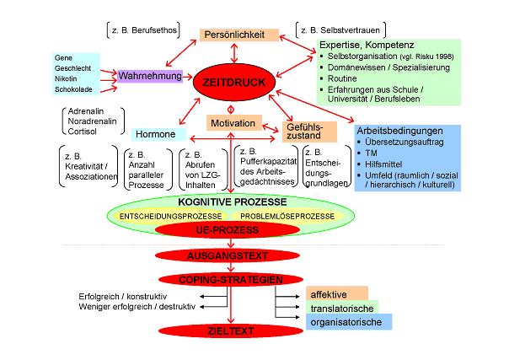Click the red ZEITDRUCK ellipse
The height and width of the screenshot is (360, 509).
pos(233,81)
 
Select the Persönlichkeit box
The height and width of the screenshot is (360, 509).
pos(239,35)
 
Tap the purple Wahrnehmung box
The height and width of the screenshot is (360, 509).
pos(150,76)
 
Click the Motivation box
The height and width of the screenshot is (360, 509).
pos(233,123)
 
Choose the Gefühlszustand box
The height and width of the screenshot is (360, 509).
pos(310,132)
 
